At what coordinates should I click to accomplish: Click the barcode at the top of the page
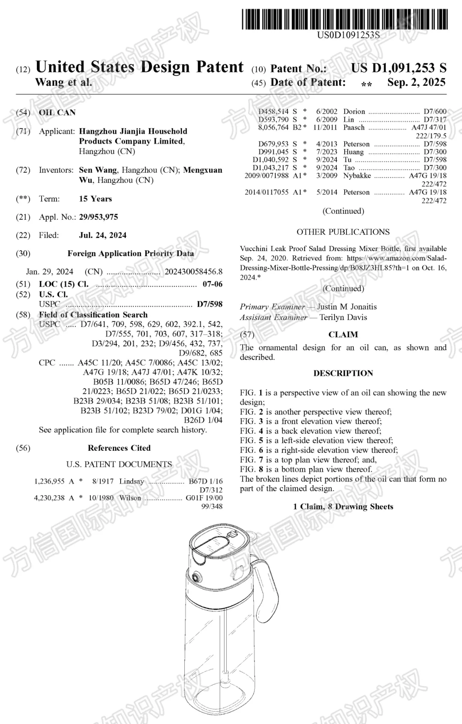point(345,19)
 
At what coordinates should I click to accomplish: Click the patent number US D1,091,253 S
point(398,68)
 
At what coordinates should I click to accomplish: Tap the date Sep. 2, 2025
point(416,82)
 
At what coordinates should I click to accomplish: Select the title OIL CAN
point(57,113)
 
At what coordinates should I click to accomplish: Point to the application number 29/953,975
point(98,217)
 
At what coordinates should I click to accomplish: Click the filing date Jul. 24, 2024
point(103,235)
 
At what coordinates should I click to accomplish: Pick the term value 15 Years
point(95,199)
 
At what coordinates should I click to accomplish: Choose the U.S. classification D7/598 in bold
point(210,304)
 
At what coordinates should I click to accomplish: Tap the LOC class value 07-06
point(212,284)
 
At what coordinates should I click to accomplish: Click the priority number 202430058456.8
point(194,272)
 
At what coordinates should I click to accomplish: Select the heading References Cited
point(119,448)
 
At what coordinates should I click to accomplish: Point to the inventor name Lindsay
point(131,481)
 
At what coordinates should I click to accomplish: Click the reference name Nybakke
point(357,176)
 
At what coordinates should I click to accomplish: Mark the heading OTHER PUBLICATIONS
point(343,232)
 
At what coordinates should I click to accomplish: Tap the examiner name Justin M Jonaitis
point(346,307)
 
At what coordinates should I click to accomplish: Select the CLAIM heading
point(343,335)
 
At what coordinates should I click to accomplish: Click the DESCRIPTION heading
point(343,373)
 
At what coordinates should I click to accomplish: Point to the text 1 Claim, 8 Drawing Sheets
point(343,507)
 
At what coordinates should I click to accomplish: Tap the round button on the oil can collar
point(197,577)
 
